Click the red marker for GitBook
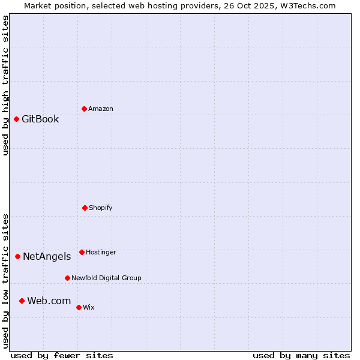coord(16,119)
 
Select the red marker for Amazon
coord(84,109)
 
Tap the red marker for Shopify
coord(85,208)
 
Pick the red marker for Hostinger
coord(82,252)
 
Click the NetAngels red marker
coord(17,256)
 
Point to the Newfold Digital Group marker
coord(67,278)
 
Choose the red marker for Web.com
coord(22,301)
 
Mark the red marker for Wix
coord(79,307)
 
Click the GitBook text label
coord(40,119)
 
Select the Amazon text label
coord(101,109)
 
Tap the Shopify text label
coord(101,208)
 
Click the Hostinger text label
coord(101,252)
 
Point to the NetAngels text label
coord(47,256)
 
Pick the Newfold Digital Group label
coord(106,278)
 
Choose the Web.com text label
coord(49,301)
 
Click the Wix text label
coord(89,307)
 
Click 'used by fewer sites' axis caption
coord(62,355)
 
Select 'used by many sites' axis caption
coord(301,355)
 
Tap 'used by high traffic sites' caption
coord(5,85)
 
